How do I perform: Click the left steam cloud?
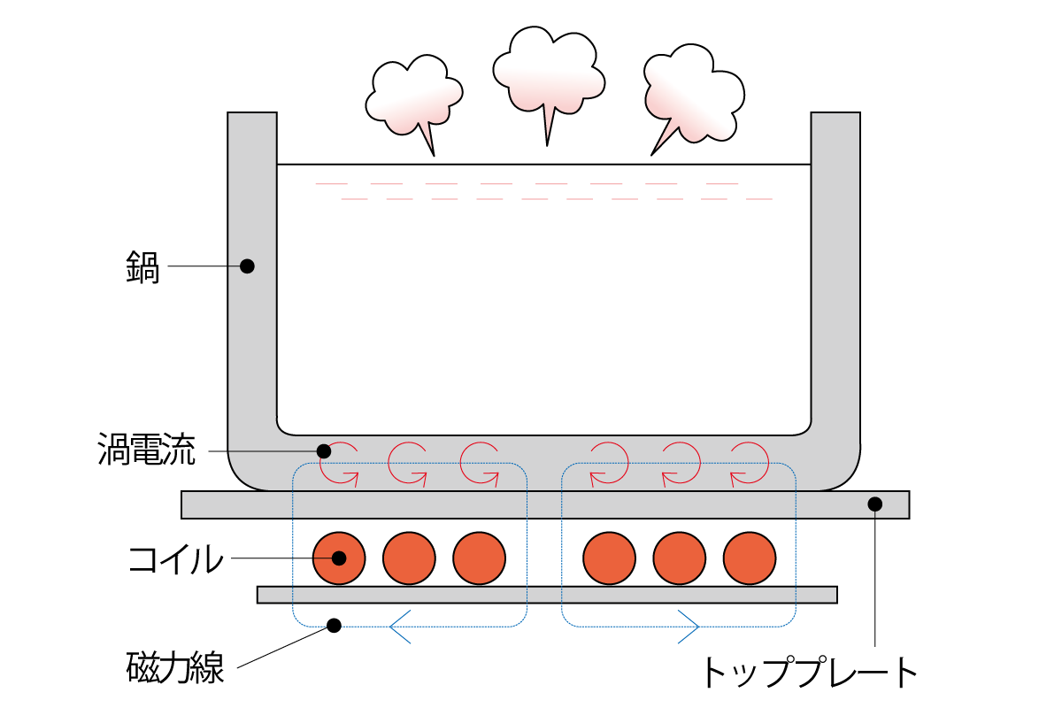pyautogui.click(x=412, y=96)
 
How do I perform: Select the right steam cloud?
pyautogui.click(x=695, y=93)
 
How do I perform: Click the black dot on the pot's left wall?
pyautogui.click(x=247, y=265)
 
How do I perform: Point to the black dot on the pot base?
pyautogui.click(x=324, y=451)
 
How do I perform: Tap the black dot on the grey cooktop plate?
pyautogui.click(x=874, y=504)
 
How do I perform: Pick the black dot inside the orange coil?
pyautogui.click(x=339, y=558)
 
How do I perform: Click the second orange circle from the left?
pyautogui.click(x=409, y=558)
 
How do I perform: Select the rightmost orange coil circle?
pyautogui.click(x=750, y=558)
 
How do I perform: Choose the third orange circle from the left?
pyautogui.click(x=479, y=558)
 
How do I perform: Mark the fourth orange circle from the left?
pyautogui.click(x=609, y=558)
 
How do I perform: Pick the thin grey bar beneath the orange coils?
pyautogui.click(x=547, y=595)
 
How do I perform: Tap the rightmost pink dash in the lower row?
pyautogui.click(x=759, y=199)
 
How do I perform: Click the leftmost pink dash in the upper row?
pyautogui.click(x=331, y=184)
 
